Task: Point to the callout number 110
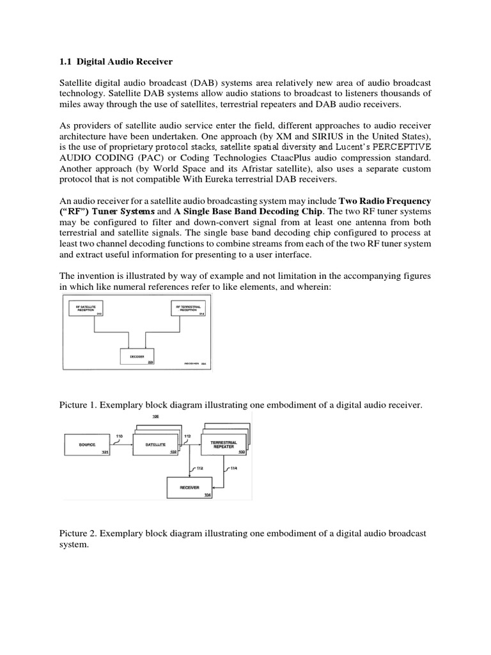[119, 436]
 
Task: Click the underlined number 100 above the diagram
[155, 416]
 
